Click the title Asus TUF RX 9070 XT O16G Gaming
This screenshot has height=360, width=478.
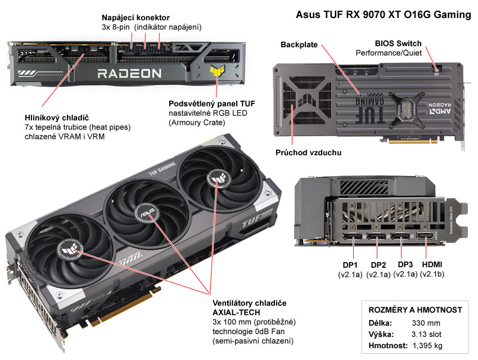point(383,15)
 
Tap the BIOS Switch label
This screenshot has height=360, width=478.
point(398,43)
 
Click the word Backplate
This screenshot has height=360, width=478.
point(299,44)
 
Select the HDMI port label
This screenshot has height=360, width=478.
point(432,265)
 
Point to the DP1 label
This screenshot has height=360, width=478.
point(350,265)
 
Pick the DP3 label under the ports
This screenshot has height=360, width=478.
point(405,265)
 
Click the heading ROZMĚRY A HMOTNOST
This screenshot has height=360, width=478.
point(415,310)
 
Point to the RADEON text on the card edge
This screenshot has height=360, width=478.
point(129,73)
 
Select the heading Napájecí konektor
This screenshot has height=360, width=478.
point(135,17)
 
